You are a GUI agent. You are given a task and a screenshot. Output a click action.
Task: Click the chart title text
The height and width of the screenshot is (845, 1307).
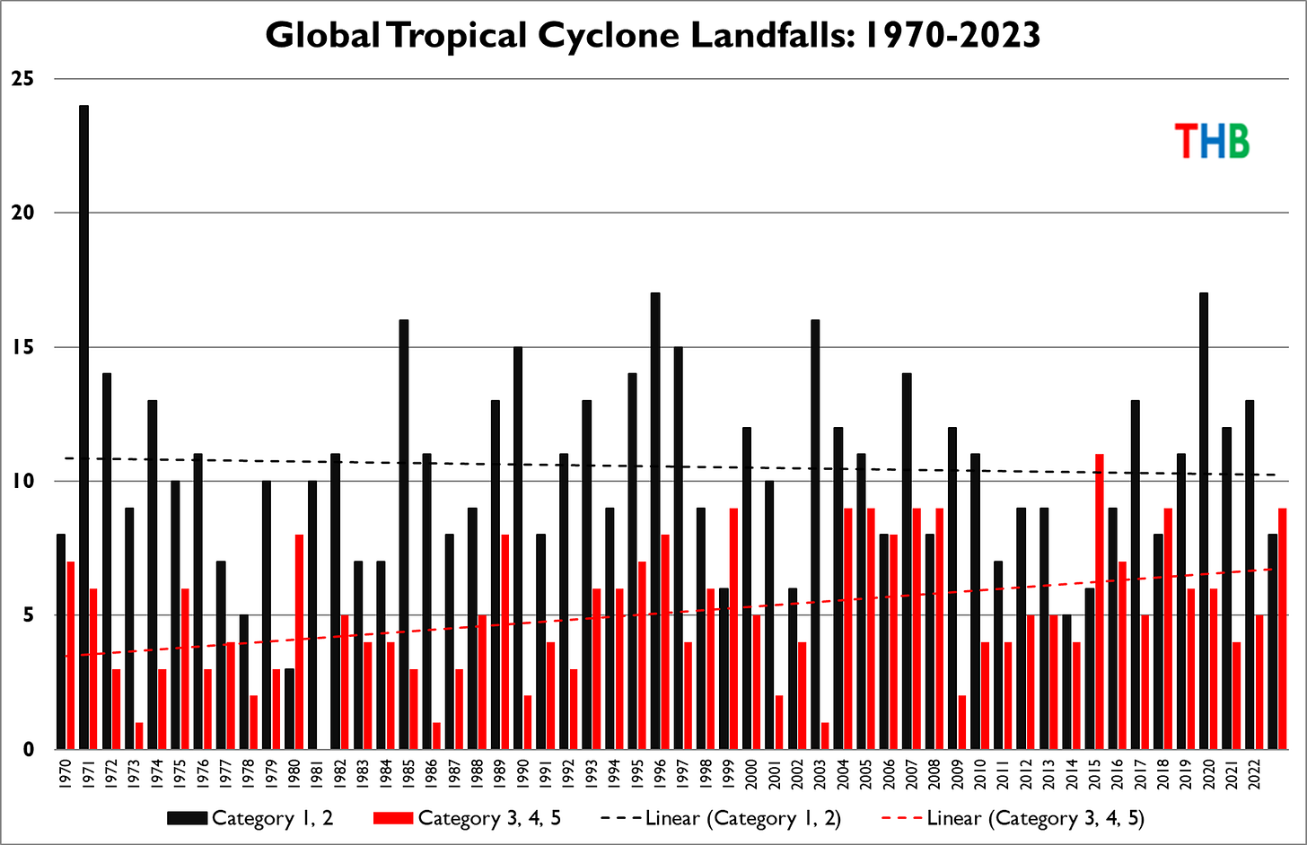click(x=653, y=36)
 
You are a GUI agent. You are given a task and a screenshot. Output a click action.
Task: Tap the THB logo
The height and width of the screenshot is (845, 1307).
click(x=1212, y=141)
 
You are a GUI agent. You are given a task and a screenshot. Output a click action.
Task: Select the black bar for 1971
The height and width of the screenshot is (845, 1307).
click(x=83, y=427)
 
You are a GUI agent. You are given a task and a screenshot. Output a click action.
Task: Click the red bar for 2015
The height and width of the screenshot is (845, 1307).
click(x=1099, y=601)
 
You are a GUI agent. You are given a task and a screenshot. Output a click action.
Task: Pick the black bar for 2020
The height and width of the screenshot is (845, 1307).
click(x=1203, y=520)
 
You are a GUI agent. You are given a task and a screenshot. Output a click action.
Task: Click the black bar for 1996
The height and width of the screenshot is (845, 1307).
click(x=655, y=520)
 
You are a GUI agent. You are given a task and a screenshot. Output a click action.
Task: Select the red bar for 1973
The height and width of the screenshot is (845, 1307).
click(x=139, y=736)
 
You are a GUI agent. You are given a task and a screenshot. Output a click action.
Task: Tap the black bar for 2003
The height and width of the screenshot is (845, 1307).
click(x=815, y=534)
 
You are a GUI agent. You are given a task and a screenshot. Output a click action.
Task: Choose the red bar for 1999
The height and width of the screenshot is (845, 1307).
click(x=734, y=628)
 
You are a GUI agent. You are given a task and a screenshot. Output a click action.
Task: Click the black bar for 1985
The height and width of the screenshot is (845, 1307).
click(x=404, y=534)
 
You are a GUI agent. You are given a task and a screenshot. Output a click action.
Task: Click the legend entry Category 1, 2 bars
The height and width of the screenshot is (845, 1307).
click(x=250, y=818)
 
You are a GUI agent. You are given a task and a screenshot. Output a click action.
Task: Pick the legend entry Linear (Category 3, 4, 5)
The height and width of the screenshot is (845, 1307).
click(x=1014, y=818)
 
